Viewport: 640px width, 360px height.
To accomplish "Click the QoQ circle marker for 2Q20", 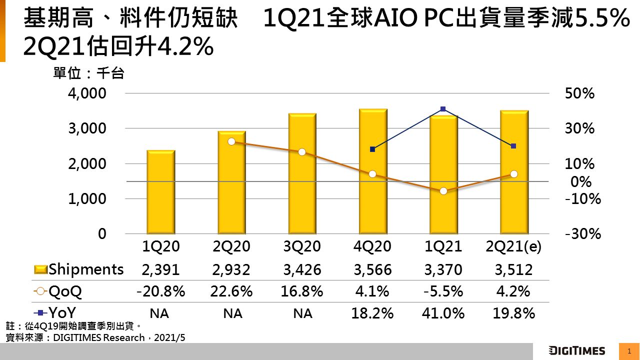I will tap(231, 141).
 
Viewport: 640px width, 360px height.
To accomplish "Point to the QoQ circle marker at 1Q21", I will tap(443, 191).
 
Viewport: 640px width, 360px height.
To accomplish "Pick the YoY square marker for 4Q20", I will tap(372, 149).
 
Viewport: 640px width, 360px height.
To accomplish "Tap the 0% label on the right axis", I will tap(581, 181).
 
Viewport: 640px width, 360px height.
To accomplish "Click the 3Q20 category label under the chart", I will tap(302, 247).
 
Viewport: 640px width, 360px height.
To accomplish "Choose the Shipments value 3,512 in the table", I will tap(514, 270).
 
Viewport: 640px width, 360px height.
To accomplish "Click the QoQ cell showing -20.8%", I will tap(160, 291).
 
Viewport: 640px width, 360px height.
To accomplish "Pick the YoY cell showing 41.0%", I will tap(443, 313).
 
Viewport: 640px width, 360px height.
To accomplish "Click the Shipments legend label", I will tap(86, 269).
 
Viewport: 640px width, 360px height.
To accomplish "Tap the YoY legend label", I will tap(62, 313).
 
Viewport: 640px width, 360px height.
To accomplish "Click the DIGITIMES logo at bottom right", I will tap(576, 350).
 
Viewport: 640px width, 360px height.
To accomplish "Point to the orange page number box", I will tap(629, 351).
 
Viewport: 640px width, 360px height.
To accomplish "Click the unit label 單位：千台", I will tap(88, 74).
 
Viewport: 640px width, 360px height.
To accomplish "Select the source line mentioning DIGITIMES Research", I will tap(95, 338).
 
